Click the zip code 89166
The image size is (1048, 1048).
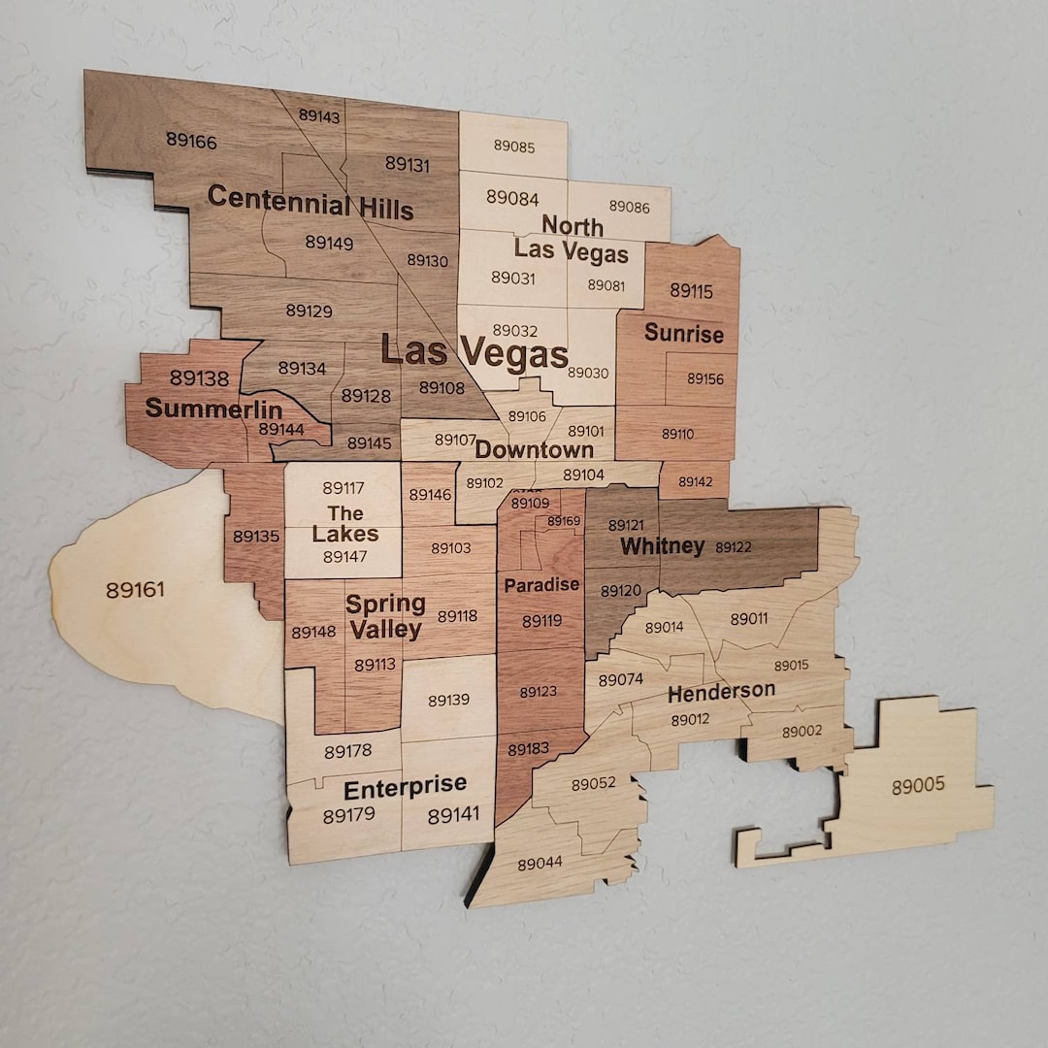click(191, 141)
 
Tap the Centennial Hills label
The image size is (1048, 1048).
click(310, 204)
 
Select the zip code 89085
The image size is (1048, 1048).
click(513, 146)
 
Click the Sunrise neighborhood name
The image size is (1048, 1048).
click(684, 334)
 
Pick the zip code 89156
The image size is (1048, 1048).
click(705, 378)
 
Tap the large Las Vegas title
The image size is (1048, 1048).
click(475, 352)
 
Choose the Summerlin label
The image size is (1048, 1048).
click(213, 409)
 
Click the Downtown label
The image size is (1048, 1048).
click(534, 450)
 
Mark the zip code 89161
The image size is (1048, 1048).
click(135, 589)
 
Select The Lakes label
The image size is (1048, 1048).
click(345, 524)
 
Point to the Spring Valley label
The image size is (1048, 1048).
click(385, 616)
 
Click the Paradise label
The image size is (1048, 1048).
click(541, 585)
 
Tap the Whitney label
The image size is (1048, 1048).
click(662, 546)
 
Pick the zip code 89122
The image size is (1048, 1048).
click(734, 547)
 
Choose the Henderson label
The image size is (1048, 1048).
click(721, 692)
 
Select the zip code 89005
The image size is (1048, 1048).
click(918, 785)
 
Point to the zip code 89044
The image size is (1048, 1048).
click(540, 863)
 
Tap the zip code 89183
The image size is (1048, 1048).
click(528, 749)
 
